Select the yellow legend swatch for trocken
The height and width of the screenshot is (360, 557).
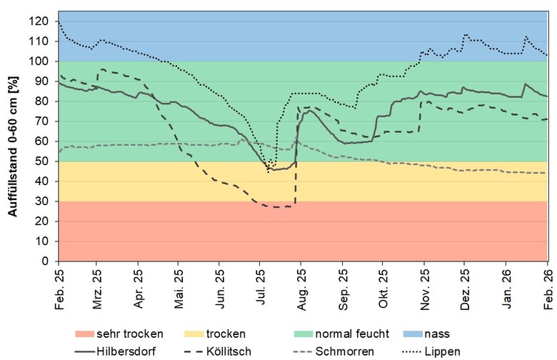tap(201, 334)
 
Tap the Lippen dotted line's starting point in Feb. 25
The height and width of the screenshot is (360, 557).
tap(59, 24)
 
